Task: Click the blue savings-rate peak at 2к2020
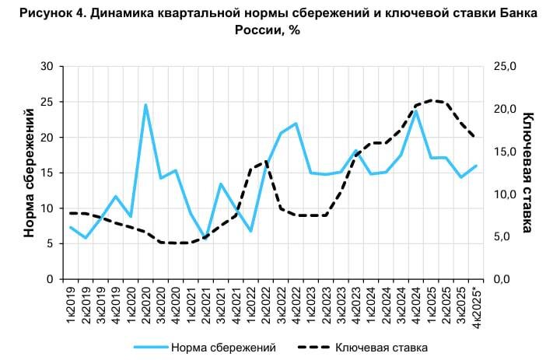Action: pyautogui.click(x=145, y=105)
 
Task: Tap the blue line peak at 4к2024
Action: pyautogui.click(x=416, y=111)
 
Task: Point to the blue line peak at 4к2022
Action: pyautogui.click(x=296, y=124)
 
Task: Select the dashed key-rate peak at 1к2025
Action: pyautogui.click(x=431, y=100)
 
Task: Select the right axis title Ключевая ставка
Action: pyautogui.click(x=528, y=173)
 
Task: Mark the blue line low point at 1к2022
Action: pyautogui.click(x=250, y=231)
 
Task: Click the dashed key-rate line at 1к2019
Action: pyautogui.click(x=71, y=213)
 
